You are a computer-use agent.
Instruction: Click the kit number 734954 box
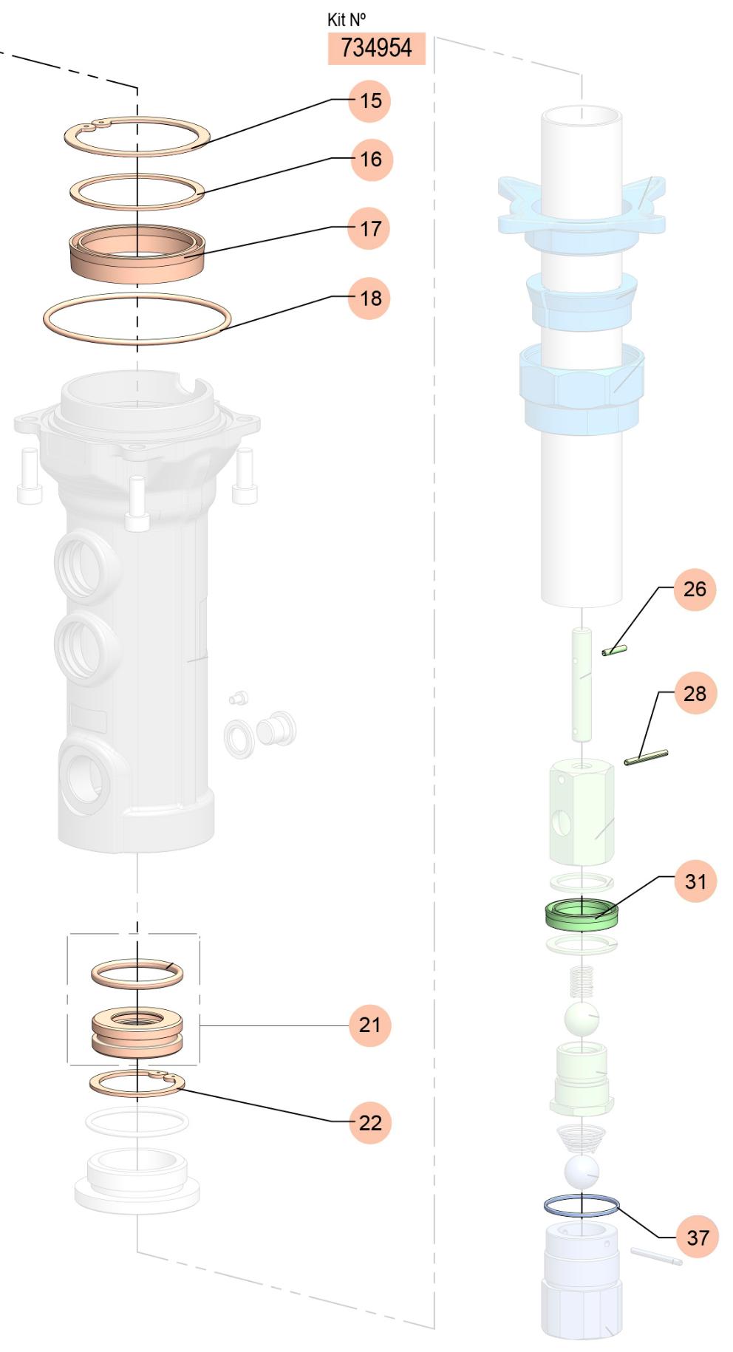[x=377, y=48]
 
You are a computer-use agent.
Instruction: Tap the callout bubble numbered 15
[x=370, y=100]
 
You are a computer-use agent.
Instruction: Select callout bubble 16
[x=370, y=159]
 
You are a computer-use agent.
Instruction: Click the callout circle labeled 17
[x=370, y=228]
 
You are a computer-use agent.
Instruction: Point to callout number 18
[x=370, y=298]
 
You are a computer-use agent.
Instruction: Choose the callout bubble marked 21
[x=370, y=1025]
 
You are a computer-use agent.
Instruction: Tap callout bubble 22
[x=370, y=1122]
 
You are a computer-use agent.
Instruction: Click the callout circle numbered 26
[x=695, y=589]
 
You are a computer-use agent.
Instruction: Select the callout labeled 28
[x=695, y=693]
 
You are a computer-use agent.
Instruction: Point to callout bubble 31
[x=695, y=881]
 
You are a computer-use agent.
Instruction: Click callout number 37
[x=698, y=1237]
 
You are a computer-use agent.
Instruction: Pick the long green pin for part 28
[x=646, y=757]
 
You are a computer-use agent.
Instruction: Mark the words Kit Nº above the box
[x=347, y=19]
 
